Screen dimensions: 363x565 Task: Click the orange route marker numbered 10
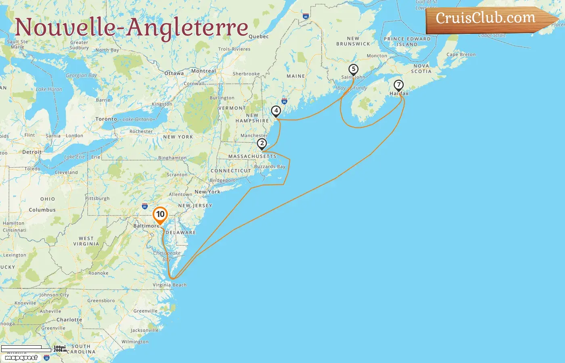(160, 215)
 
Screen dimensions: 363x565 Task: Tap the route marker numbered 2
(262, 144)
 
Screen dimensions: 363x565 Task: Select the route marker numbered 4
(276, 111)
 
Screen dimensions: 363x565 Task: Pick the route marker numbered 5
(354, 69)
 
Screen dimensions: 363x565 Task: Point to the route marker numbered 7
(399, 85)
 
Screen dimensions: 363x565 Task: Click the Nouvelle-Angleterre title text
(132, 27)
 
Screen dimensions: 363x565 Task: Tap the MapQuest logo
(21, 358)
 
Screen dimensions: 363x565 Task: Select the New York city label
(207, 192)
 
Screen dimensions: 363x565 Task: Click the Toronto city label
(106, 119)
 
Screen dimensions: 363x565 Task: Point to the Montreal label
(203, 71)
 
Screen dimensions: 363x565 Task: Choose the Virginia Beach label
(169, 285)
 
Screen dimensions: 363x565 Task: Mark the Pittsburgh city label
(97, 198)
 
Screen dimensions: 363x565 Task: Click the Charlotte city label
(69, 320)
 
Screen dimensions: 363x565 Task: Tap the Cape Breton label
(461, 54)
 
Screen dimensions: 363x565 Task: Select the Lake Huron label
(49, 89)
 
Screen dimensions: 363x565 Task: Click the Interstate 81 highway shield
(145, 207)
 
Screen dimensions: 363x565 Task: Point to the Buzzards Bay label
(270, 166)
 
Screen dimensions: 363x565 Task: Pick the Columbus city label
(42, 210)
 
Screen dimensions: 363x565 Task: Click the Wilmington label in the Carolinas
(135, 342)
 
